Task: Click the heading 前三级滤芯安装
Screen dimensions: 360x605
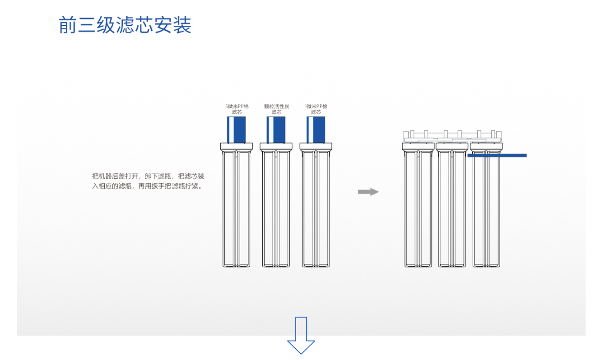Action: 125,25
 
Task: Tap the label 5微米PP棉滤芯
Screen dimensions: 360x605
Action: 237,109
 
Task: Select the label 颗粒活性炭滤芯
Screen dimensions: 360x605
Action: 277,109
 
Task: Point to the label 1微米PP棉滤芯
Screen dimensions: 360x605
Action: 316,109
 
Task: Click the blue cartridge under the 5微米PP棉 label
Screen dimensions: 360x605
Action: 236,129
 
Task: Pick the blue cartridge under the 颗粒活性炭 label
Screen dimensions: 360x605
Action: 276,129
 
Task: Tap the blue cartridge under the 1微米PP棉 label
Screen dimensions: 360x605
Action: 316,129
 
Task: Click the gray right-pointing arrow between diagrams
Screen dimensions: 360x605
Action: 368,192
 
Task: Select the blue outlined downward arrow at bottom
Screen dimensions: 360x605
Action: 301,335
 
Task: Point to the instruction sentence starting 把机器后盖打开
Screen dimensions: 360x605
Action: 148,181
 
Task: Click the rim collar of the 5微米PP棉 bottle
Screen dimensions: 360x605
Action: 237,147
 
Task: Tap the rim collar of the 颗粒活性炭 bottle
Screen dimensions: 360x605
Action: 276,147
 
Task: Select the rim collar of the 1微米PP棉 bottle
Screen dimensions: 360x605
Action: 316,147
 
